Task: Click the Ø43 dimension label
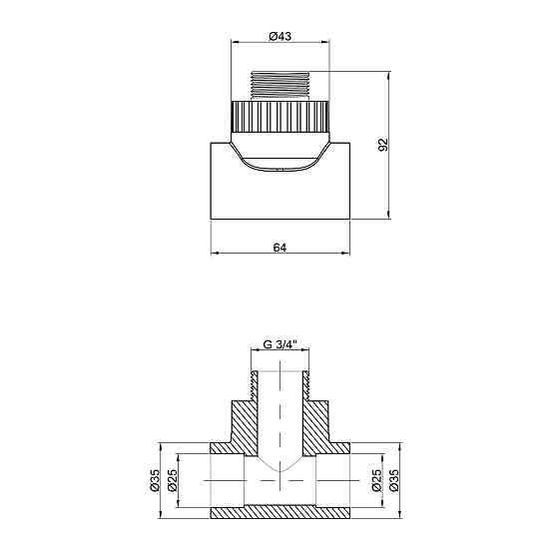click(x=280, y=36)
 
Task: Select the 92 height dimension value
click(x=381, y=144)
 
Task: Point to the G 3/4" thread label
click(x=280, y=344)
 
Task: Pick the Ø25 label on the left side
click(x=172, y=480)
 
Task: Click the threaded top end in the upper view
click(x=280, y=84)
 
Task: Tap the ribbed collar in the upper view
click(x=280, y=119)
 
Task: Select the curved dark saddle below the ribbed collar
click(x=280, y=160)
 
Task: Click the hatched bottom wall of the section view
click(x=280, y=511)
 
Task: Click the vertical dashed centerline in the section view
click(x=280, y=419)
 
